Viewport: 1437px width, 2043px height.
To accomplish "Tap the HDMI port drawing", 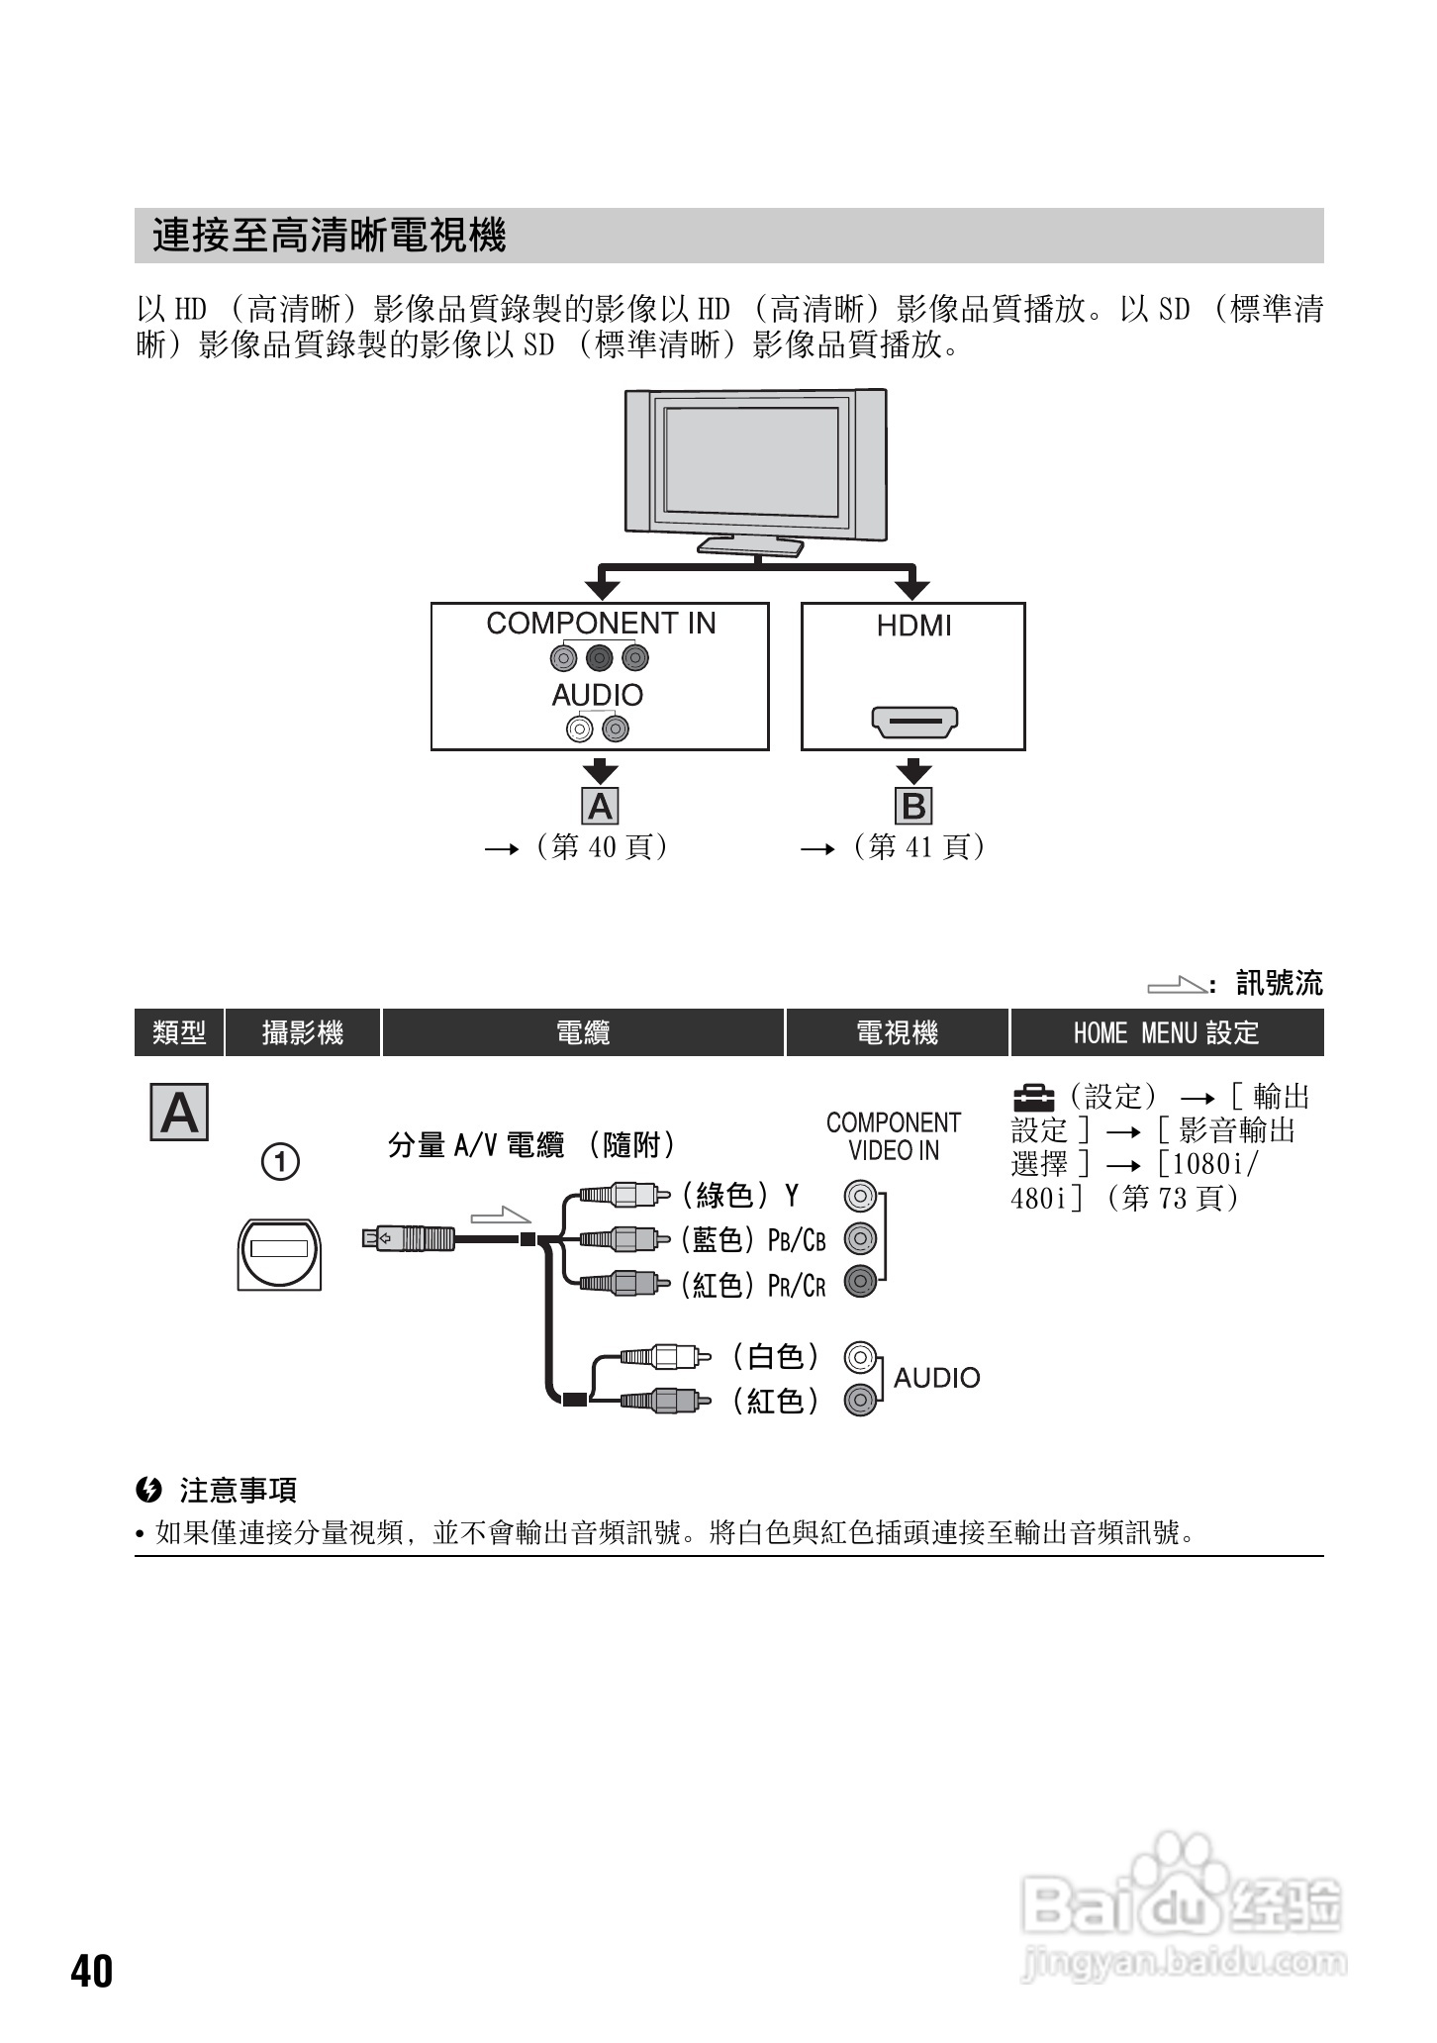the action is coord(913,722).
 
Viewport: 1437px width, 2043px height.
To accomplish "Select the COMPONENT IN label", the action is coord(601,624).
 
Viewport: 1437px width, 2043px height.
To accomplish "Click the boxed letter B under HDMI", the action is coord(914,807).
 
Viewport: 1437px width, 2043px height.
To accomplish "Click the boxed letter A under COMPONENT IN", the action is coord(601,807).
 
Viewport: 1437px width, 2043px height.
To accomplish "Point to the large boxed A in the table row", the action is coord(179,1113).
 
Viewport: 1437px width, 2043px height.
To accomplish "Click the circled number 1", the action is coord(280,1161).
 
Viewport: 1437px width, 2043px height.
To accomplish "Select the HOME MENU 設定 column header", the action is coord(1166,1033).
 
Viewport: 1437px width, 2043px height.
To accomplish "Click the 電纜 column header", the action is coord(583,1033).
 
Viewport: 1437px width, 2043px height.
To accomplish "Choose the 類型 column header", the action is coord(179,1033).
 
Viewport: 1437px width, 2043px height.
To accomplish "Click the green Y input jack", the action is coord(860,1197).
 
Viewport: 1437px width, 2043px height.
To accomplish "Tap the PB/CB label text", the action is coord(797,1239).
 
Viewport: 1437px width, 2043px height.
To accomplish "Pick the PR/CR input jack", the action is coord(860,1283).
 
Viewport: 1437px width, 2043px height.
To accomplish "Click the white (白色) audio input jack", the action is coord(860,1356).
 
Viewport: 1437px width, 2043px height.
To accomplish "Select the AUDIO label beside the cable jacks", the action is coord(936,1378).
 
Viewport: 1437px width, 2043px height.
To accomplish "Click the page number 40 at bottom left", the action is coord(92,1971).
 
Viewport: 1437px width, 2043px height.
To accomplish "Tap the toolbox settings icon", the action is coord(1033,1097).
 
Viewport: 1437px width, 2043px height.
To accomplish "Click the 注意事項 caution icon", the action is coord(148,1490).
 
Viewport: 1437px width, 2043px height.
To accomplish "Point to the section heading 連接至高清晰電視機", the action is coord(330,237).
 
